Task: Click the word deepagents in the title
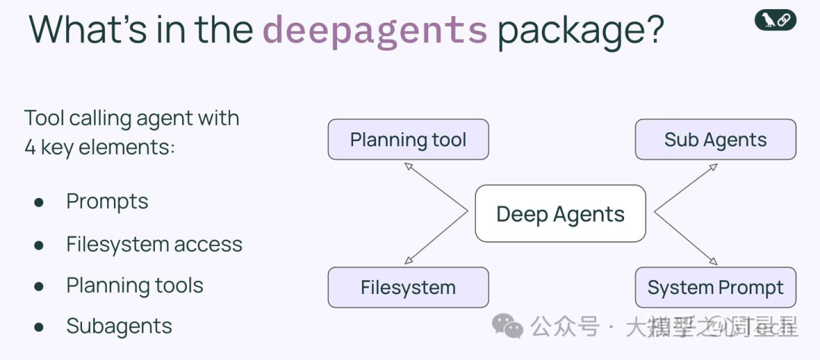[x=375, y=30]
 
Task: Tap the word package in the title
[x=581, y=30]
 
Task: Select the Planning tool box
[x=408, y=140]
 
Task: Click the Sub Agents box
[x=715, y=140]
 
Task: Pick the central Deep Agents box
[x=560, y=213]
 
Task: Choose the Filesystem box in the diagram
[x=408, y=288]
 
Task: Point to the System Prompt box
[x=715, y=288]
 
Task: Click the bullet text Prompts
[x=107, y=201]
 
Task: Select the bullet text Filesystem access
[x=154, y=244]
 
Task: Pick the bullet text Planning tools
[x=134, y=286]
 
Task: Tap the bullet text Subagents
[x=119, y=327]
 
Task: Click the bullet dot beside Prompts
[x=39, y=203]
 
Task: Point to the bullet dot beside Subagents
[x=39, y=328]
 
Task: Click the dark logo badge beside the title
[x=775, y=21]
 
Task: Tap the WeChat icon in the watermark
[x=507, y=327]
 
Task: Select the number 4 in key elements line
[x=30, y=147]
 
